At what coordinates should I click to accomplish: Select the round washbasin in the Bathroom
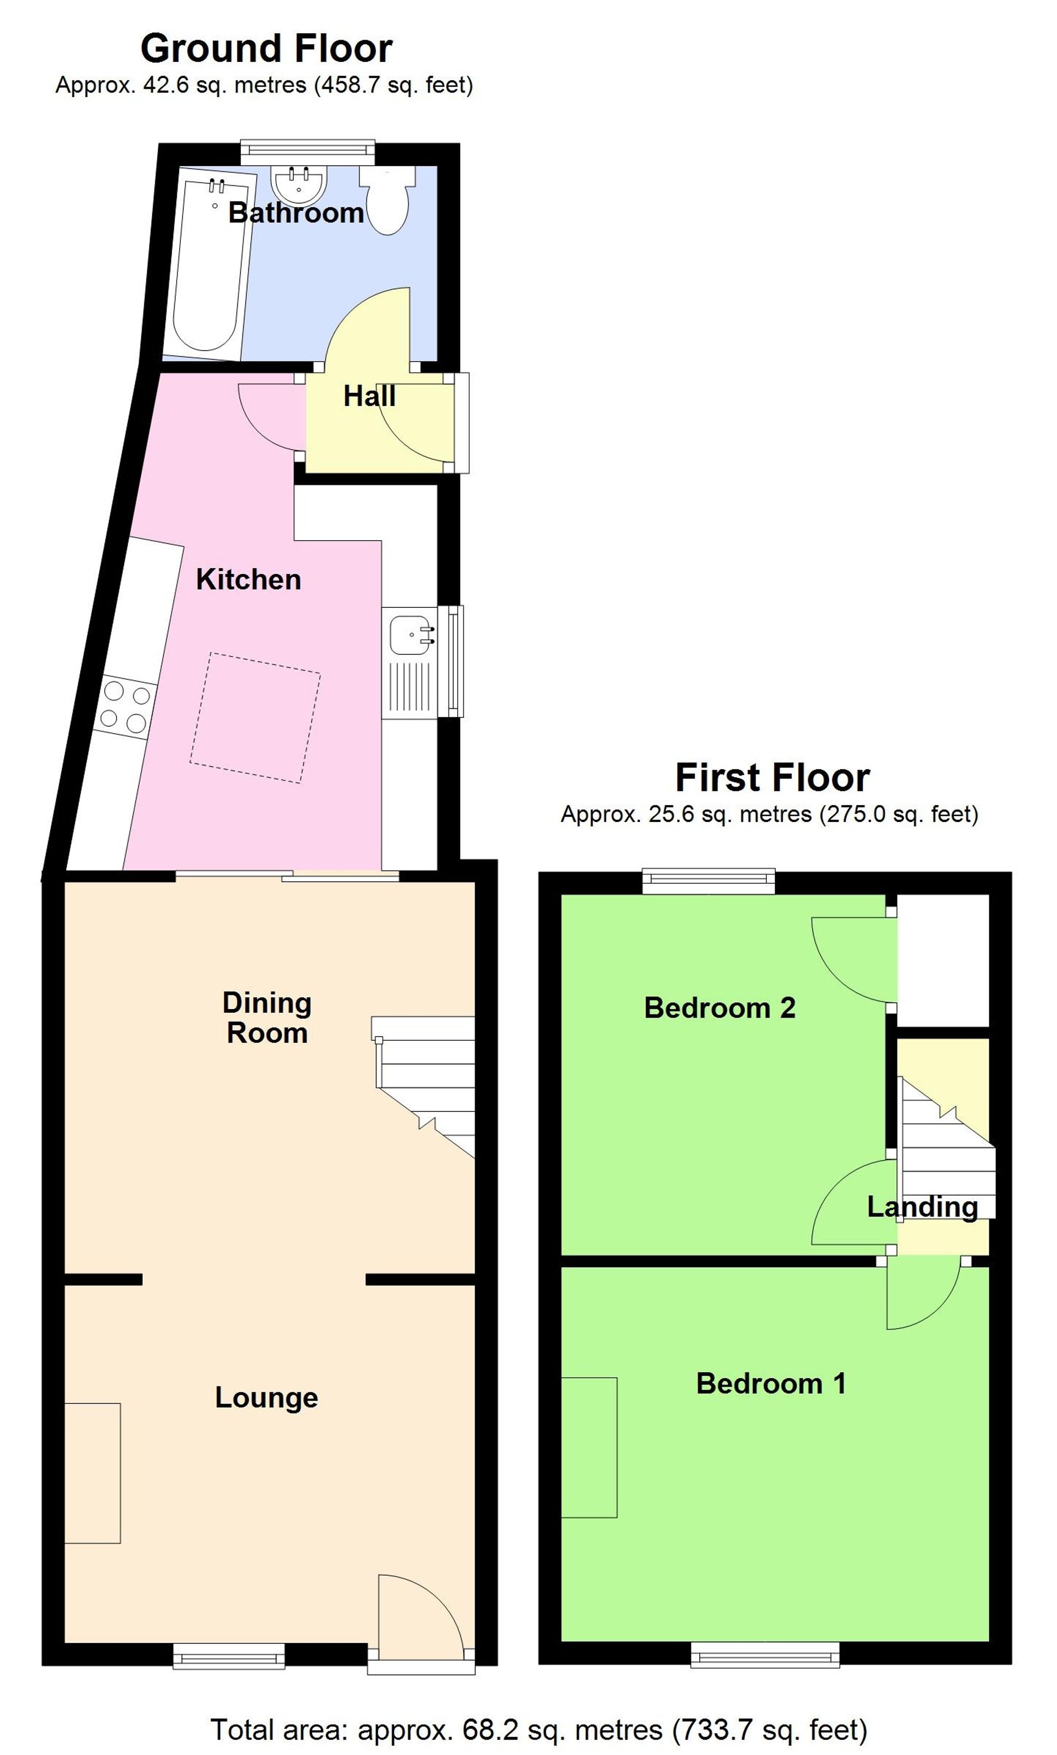(299, 184)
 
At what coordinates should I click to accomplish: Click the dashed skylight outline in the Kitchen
(255, 718)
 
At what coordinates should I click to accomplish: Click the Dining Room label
(267, 1017)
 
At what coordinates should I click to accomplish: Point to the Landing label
(922, 1206)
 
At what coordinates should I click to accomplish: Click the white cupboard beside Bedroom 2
(943, 960)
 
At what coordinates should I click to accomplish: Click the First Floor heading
(772, 777)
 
